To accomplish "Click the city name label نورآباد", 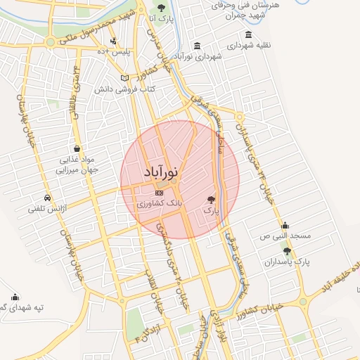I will tap(161, 172).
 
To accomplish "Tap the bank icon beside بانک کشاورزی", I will tap(159, 192).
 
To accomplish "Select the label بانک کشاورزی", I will tap(160, 203).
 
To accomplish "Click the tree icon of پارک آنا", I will tap(162, 8).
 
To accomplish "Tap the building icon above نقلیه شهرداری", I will tap(247, 34).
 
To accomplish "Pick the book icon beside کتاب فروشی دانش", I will tap(125, 78).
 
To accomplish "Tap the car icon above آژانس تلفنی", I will tap(46, 198).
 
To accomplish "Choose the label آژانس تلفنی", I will tap(46, 208).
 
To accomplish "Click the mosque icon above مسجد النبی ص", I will tap(285, 226).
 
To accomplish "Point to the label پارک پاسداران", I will tap(292, 262).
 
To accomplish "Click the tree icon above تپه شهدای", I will tap(15, 297).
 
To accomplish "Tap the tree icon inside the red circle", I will tap(212, 200).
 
